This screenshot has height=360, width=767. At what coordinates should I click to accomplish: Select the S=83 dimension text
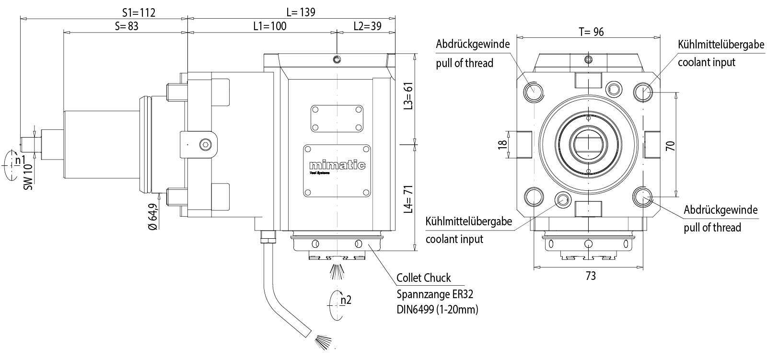coord(126,26)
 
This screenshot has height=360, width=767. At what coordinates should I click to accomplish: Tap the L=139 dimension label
coord(301,12)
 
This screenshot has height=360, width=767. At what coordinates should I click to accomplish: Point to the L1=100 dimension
coord(269,26)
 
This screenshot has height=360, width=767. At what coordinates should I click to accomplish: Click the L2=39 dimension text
coord(367,26)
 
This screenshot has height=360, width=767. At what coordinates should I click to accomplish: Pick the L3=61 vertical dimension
coord(408,95)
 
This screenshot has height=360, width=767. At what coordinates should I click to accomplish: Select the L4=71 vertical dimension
coord(408,198)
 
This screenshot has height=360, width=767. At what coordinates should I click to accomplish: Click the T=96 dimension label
coord(591,32)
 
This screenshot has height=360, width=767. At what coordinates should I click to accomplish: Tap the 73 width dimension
coord(591,276)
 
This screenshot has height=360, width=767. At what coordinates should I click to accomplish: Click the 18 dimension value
coord(502,144)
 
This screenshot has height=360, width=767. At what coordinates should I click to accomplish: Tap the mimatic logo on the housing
coord(337,165)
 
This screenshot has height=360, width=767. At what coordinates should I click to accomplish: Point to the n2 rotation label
coord(346,300)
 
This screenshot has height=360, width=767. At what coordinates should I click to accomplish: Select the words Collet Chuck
coord(424,278)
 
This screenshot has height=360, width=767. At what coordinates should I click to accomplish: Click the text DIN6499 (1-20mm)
coord(437,309)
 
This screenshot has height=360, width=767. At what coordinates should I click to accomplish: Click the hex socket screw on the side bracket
coord(205,144)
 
